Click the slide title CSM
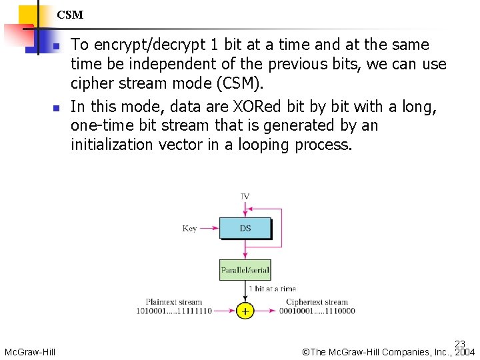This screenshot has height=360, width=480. coord(70,15)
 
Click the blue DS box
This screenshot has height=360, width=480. coord(245,229)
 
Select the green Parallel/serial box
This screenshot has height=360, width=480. coord(245,270)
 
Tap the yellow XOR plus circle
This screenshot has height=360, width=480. coord(245,311)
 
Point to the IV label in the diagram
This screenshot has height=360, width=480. coord(245,197)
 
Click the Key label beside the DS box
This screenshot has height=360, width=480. coord(189,229)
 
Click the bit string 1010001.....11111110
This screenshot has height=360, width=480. coord(174,311)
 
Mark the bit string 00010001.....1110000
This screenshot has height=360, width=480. coord(317,311)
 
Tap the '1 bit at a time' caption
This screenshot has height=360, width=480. coord(272,289)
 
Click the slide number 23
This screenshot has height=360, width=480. coord(460,344)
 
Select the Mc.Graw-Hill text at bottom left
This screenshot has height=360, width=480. coord(30,352)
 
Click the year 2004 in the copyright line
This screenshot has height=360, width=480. coord(465,352)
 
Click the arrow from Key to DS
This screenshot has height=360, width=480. coord(209,229)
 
